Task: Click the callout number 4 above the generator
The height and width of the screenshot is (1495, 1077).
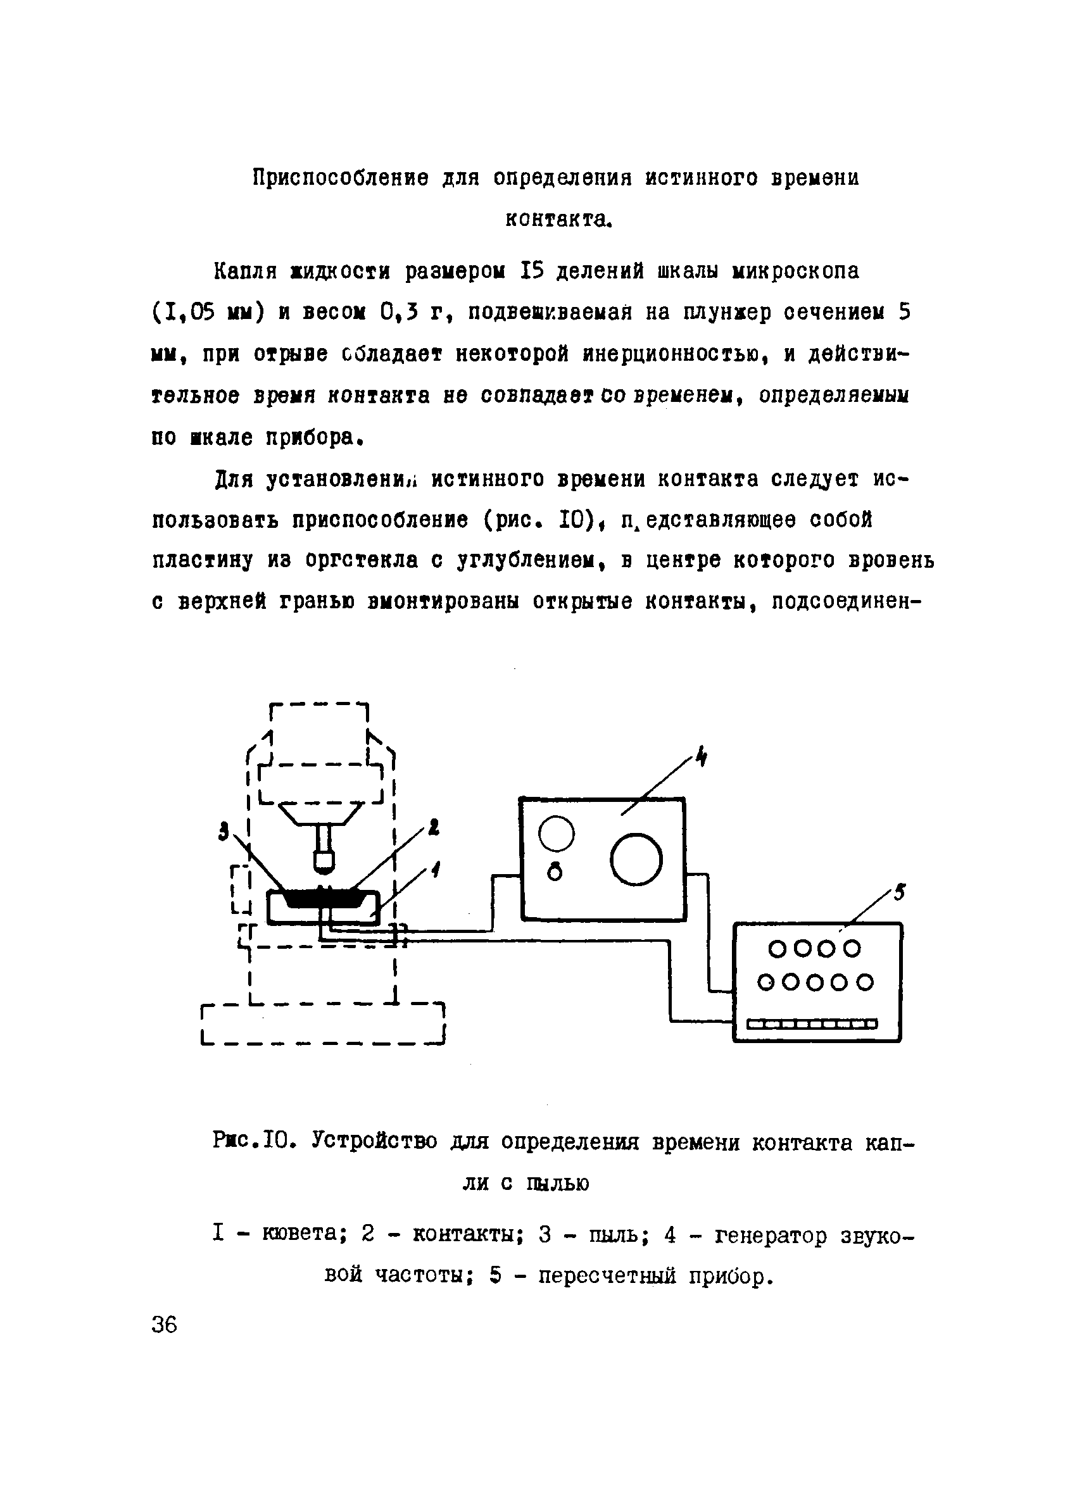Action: click(702, 758)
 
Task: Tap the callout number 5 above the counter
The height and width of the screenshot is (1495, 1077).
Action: click(900, 893)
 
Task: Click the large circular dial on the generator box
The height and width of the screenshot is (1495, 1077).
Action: click(636, 859)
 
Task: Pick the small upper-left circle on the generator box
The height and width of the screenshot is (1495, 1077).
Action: click(556, 834)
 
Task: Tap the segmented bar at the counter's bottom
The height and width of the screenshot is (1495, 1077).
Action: click(812, 1023)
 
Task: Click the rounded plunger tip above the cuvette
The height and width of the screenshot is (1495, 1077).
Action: click(324, 860)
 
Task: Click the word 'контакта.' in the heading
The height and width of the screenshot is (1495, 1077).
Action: click(559, 220)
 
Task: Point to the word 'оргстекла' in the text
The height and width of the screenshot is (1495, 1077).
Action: click(361, 560)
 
